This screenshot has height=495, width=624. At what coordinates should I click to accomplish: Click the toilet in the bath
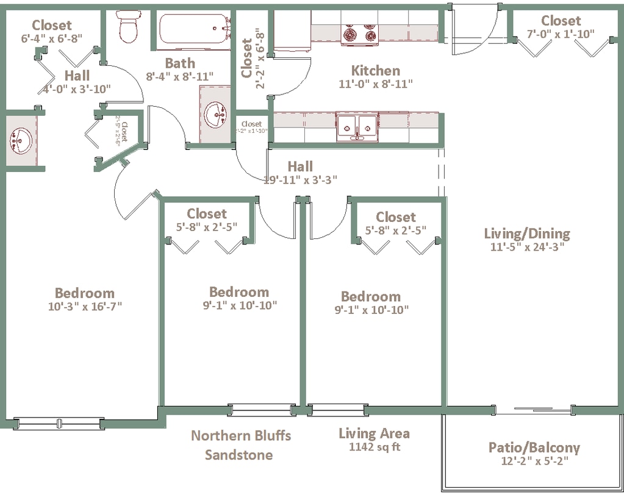tap(128, 27)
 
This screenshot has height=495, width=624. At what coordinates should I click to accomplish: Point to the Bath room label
tap(180, 63)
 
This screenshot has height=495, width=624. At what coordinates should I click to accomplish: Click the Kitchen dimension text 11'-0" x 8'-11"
tap(376, 84)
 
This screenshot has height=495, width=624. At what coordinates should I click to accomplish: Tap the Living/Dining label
tap(526, 233)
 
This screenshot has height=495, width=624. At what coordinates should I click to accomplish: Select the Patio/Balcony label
tap(534, 448)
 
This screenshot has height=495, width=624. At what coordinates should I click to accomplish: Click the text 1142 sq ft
tap(374, 447)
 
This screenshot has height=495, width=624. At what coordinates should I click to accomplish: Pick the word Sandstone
tap(238, 455)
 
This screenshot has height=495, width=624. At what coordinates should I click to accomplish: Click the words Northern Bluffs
tap(241, 436)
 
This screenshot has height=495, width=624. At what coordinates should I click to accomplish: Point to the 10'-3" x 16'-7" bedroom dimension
tap(85, 307)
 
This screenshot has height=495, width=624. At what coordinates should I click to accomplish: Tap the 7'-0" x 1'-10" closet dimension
tap(560, 35)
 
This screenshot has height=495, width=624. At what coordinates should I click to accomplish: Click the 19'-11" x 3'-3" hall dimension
tap(300, 180)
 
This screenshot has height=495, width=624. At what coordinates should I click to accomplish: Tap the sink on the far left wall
tap(20, 140)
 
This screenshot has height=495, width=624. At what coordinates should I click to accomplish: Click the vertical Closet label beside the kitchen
tap(247, 59)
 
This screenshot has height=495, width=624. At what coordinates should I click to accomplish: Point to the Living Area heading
tap(374, 433)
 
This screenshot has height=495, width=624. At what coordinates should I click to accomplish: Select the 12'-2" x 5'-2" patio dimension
tap(534, 461)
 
